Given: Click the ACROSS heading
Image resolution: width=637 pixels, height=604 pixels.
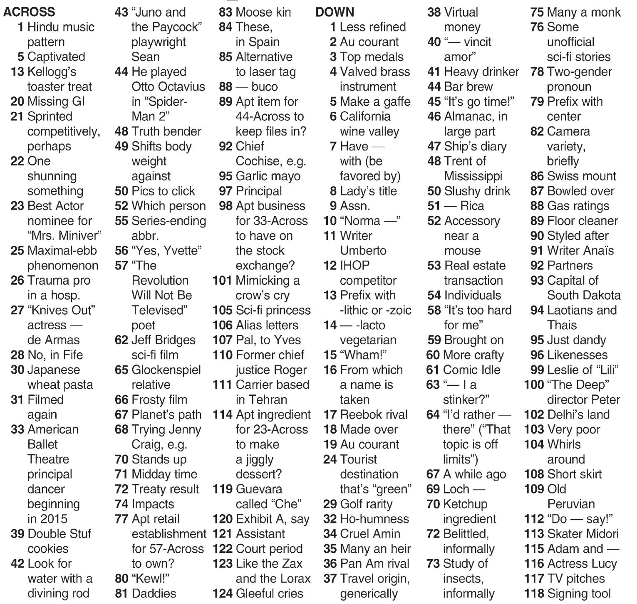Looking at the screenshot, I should [29, 12].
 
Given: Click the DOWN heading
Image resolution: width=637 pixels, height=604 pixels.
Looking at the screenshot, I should [335, 12].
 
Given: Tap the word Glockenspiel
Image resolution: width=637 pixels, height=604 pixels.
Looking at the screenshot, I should [166, 370].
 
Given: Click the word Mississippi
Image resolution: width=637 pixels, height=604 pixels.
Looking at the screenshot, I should [473, 176].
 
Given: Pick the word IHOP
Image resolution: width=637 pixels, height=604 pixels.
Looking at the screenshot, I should [355, 266].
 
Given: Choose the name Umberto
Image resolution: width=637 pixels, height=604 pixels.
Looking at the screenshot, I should [363, 251].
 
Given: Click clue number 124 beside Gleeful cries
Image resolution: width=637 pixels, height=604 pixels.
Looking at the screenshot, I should [222, 594].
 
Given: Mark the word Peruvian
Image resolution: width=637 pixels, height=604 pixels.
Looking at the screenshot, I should [571, 504].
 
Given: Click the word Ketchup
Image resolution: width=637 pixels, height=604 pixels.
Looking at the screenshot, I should [465, 504].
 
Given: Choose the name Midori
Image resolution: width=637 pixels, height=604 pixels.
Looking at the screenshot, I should [600, 534].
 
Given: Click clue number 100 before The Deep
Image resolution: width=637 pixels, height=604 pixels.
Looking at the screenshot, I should [534, 385].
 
